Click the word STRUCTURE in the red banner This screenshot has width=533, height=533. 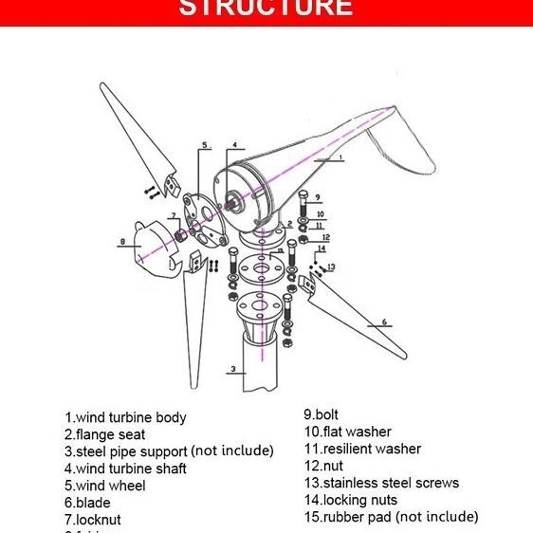tap(266, 9)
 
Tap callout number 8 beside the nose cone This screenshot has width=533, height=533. tap(122, 242)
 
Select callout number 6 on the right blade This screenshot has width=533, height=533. tap(385, 322)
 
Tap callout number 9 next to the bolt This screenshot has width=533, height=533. tap(317, 197)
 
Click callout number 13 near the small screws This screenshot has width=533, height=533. tap(331, 266)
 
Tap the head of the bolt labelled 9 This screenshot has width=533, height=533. tap(301, 196)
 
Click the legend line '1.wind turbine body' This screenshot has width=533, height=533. tap(125, 417)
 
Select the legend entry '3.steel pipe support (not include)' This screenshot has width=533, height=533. tap(169, 451)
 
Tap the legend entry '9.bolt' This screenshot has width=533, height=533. tap(321, 414)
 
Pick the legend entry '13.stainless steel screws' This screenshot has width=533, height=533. tap(380, 483)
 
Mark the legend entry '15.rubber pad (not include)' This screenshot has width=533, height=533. tap(391, 517)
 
